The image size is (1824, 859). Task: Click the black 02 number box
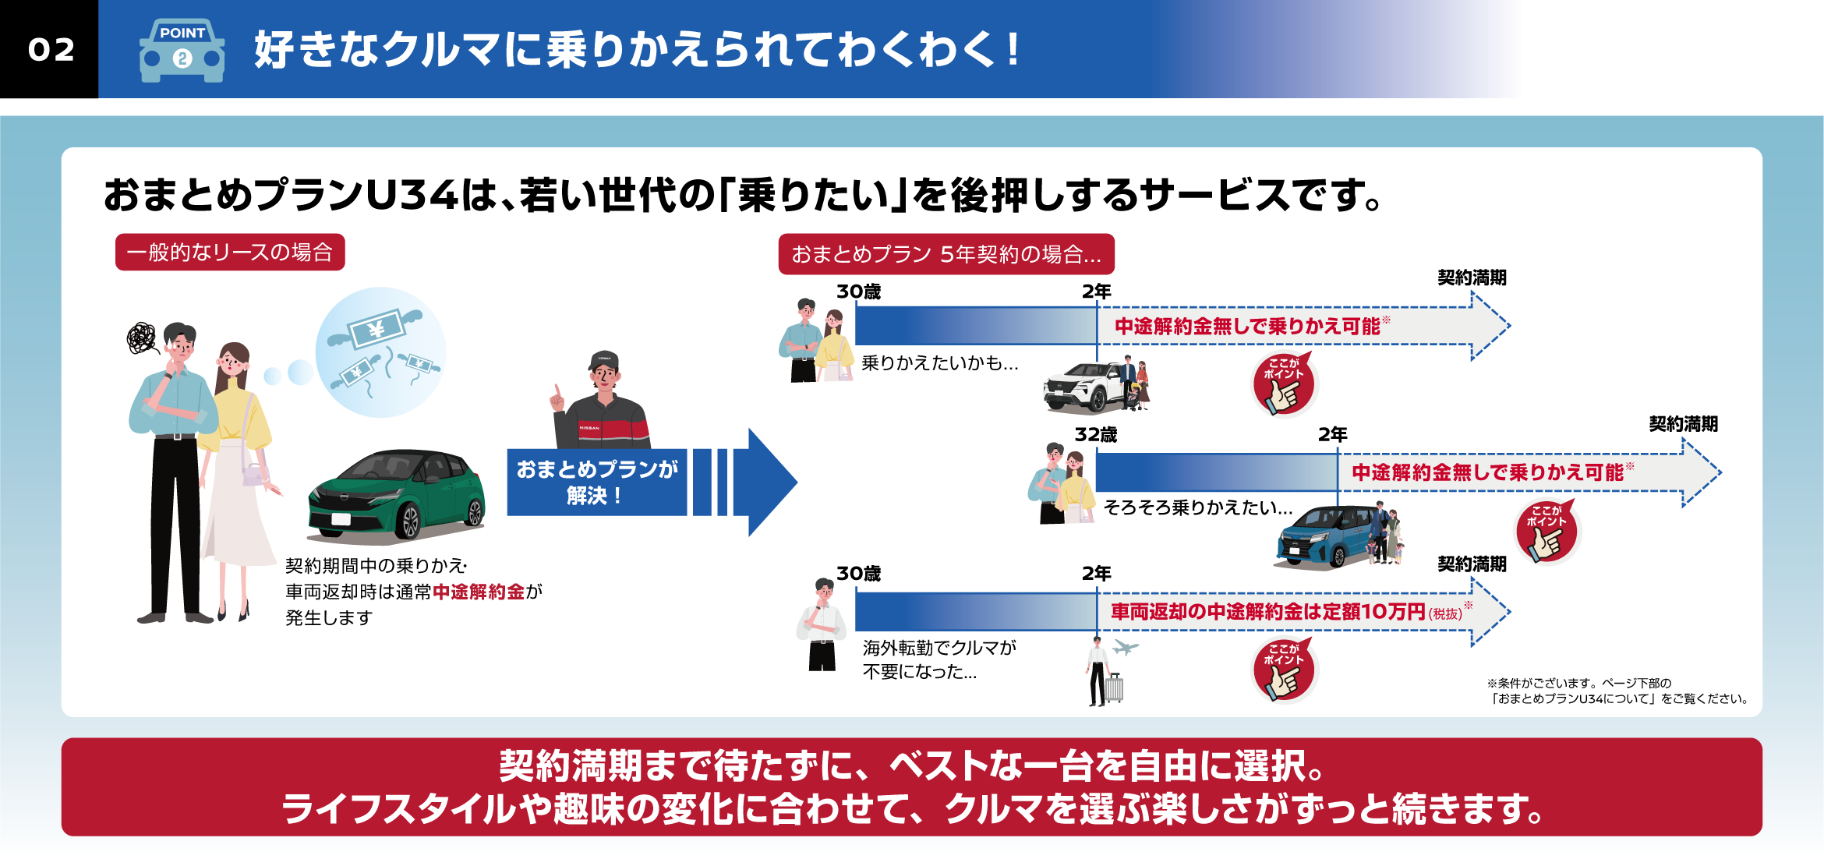point(49,49)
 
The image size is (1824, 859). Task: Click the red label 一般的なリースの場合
point(230,253)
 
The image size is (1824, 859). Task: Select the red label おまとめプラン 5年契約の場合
point(946,254)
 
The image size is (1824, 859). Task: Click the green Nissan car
point(397,494)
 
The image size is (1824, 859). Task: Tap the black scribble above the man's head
point(142,338)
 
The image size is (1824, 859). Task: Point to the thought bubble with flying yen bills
point(380,352)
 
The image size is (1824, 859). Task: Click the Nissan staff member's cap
point(603,360)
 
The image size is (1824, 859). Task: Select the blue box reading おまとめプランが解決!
point(596,483)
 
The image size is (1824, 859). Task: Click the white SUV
point(1083,387)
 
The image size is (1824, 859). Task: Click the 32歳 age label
point(1095,435)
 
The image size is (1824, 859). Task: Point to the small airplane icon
point(1125,647)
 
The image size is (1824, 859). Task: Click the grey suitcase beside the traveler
point(1114,688)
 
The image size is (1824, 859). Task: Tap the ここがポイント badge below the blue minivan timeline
point(1547,532)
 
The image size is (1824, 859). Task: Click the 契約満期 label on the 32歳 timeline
point(1683,424)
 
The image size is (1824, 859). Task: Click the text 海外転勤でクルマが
point(939,648)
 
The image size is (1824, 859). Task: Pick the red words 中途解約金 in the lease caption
point(479,592)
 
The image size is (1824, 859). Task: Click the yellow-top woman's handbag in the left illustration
point(255,473)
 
